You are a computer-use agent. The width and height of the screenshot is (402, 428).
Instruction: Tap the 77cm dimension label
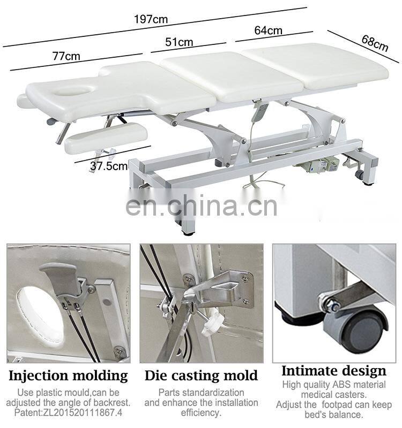[x=66, y=56]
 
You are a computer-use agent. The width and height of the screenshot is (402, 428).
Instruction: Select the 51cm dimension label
[x=178, y=42]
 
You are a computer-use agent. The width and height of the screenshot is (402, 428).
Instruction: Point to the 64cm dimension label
[x=268, y=30]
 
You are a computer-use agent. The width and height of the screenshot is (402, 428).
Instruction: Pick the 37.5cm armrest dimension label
[x=109, y=166]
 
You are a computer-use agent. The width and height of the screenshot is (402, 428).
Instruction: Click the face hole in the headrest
[x=70, y=91]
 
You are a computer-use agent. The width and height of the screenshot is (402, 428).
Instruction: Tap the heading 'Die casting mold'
[x=201, y=376]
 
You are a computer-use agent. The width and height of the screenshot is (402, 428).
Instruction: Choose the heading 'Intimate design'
[x=333, y=371]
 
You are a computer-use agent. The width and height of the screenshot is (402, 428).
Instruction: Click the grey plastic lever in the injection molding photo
[x=61, y=277]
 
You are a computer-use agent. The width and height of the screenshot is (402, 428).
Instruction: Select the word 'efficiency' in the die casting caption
[x=201, y=412]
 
